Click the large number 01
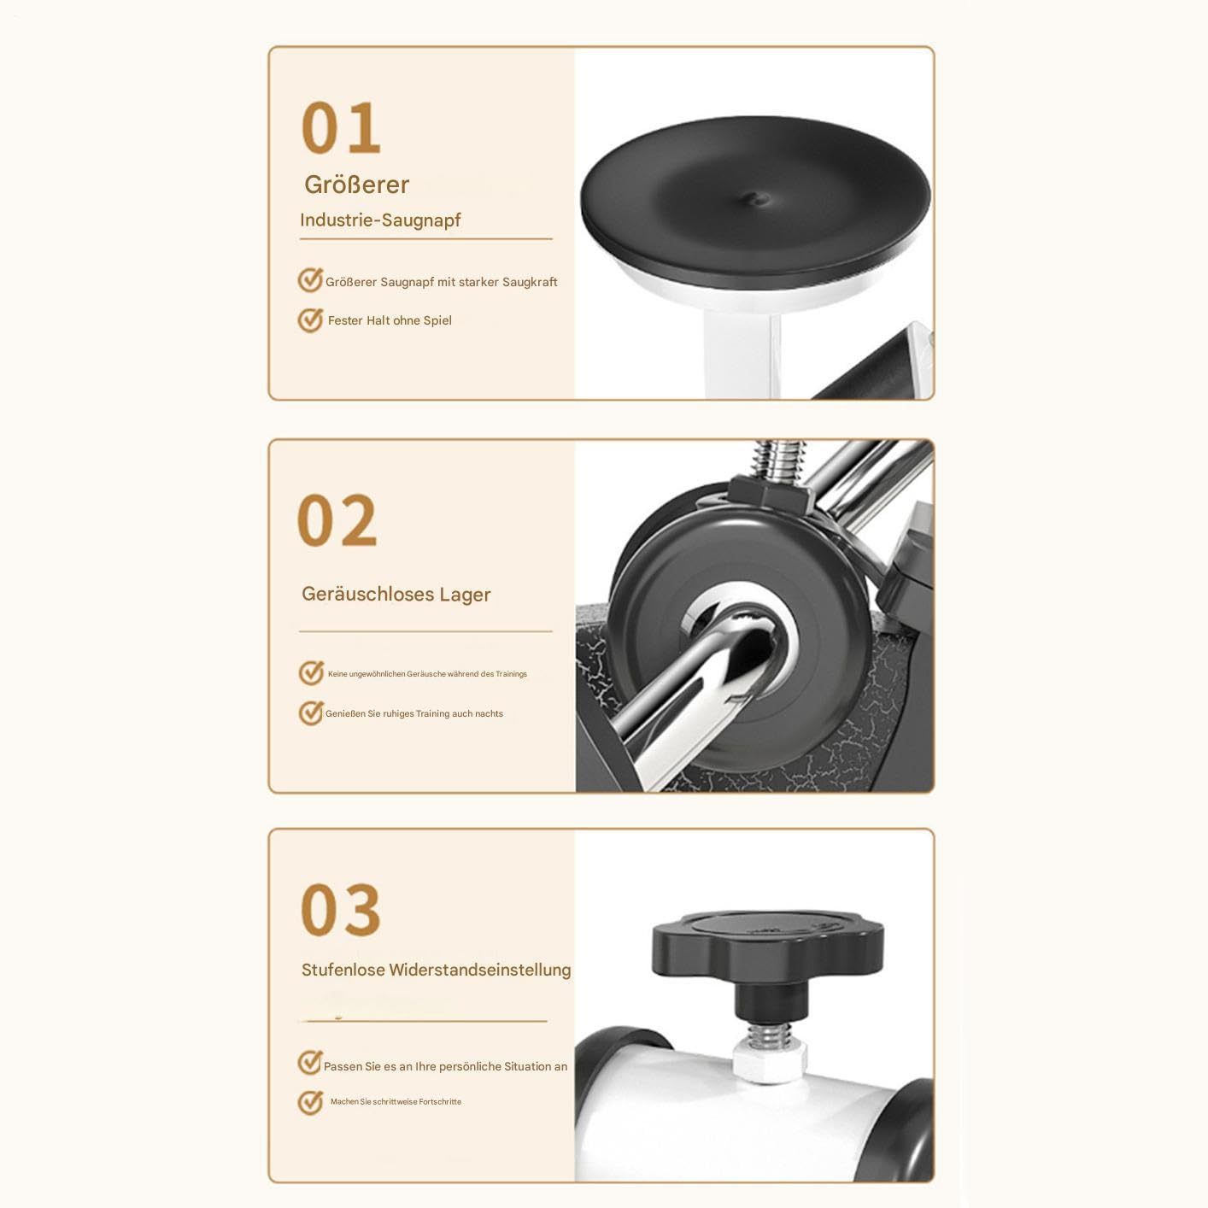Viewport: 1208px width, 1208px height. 340,128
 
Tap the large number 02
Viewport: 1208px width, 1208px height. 337,520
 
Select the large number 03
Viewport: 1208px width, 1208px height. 340,910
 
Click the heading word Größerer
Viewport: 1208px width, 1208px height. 357,185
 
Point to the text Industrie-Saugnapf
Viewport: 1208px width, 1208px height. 380,220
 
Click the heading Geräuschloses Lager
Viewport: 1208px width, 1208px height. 396,595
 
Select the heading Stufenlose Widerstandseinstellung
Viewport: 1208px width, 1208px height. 437,970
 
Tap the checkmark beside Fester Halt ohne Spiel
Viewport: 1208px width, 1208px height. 310,320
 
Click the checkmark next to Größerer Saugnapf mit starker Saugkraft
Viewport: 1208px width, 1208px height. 310,279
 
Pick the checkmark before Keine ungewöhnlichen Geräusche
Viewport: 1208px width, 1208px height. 311,672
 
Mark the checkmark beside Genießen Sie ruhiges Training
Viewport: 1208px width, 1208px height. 311,712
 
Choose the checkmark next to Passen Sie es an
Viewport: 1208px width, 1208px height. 310,1063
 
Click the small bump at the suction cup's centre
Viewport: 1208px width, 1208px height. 759,199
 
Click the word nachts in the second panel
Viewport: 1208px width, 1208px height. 489,713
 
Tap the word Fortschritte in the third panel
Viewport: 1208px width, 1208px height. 440,1101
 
